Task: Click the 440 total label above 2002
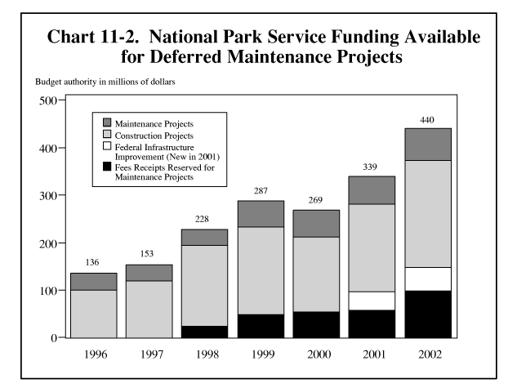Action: [x=427, y=119]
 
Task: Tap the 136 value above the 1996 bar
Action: [x=92, y=263]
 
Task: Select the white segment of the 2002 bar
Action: [x=427, y=278]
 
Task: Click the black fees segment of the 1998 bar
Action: [x=204, y=332]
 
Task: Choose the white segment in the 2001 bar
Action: [x=372, y=301]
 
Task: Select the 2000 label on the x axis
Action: [x=316, y=355]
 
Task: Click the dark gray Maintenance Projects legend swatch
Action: [x=107, y=122]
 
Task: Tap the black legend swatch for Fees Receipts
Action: [x=107, y=168]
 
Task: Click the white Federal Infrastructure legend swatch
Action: [x=107, y=145]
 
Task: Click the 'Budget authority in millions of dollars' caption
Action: [x=105, y=82]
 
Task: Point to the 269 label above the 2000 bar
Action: [x=316, y=200]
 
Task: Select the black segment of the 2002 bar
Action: [x=427, y=314]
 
